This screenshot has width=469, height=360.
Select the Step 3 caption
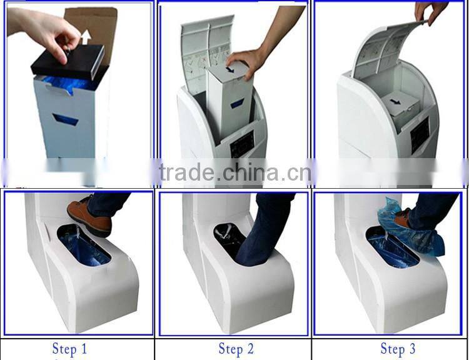[x=397, y=349]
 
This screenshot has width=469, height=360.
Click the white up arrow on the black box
[x=86, y=37]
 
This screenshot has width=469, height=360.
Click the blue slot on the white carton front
[x=66, y=119]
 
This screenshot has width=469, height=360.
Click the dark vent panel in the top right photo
[x=420, y=134]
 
